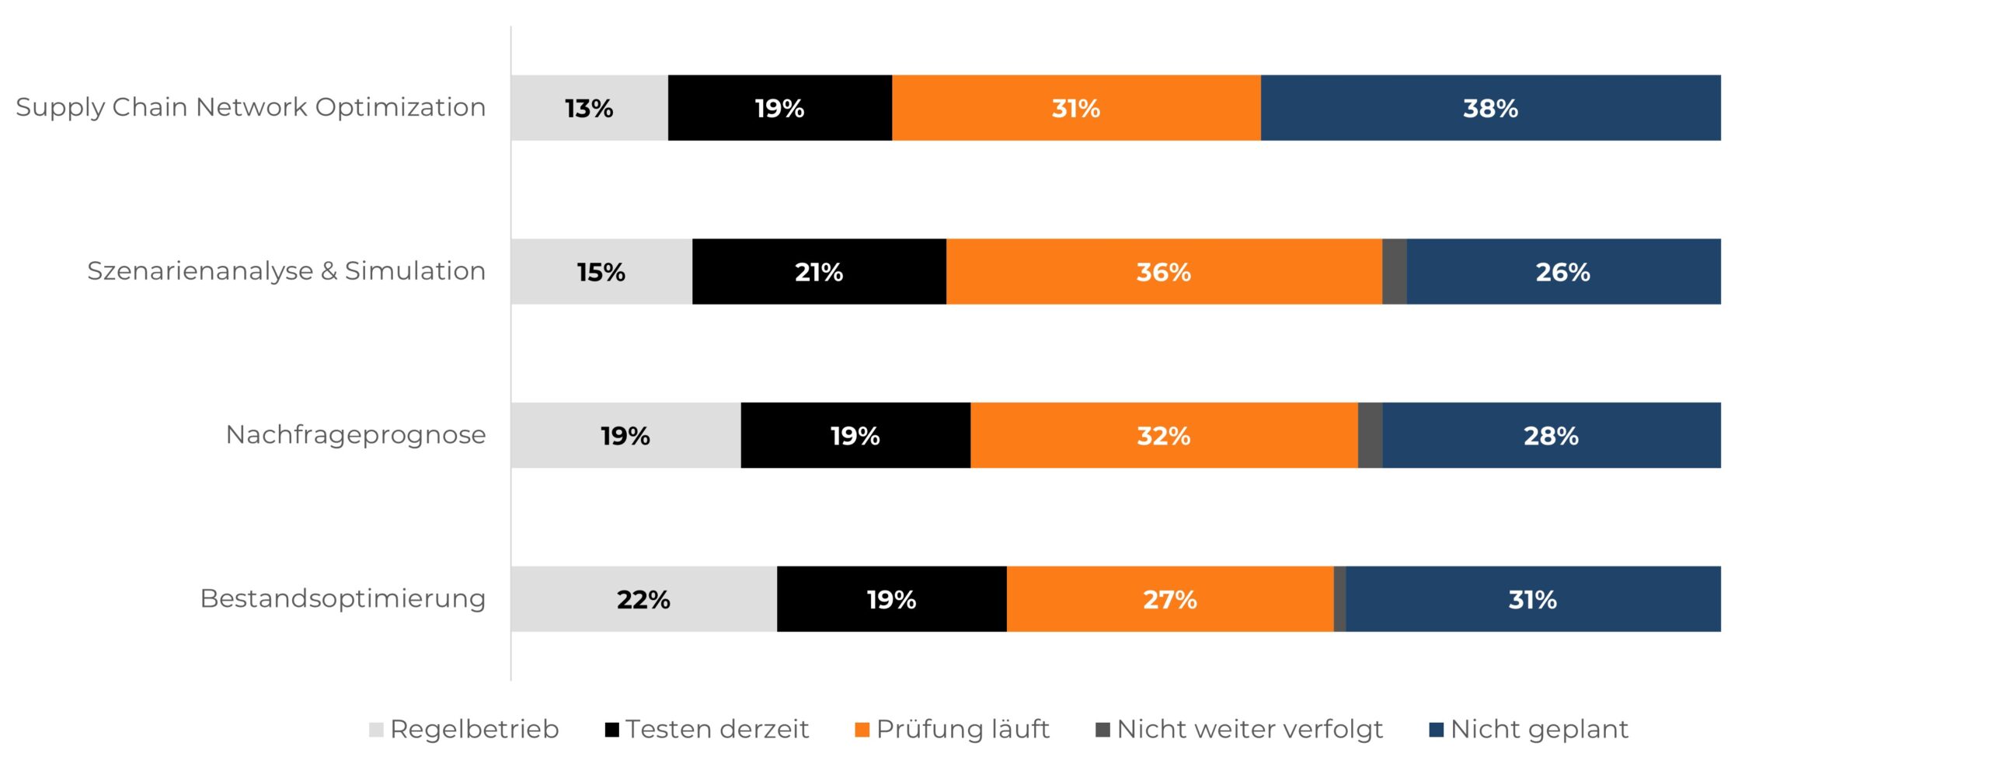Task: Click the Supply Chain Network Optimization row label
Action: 250,107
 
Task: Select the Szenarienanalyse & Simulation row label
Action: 286,271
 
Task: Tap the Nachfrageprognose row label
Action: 355,435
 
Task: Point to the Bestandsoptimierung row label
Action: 343,599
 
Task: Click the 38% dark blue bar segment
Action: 1490,108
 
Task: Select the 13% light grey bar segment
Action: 589,108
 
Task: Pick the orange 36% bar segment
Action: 1163,272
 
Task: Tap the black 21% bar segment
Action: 819,272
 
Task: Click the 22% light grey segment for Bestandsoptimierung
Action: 643,599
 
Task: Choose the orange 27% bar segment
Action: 1169,599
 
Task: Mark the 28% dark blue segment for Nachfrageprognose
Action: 1551,435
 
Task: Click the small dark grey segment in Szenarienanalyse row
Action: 1395,272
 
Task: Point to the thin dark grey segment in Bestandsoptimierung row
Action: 1340,599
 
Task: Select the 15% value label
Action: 601,272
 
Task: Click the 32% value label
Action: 1163,435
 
